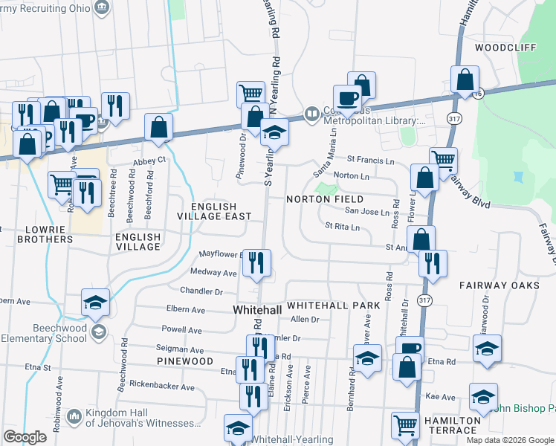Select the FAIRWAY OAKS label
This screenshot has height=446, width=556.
[499, 285]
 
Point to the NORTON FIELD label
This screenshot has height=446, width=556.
[326, 199]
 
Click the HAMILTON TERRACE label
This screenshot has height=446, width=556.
[452, 425]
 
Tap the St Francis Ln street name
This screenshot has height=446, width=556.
[370, 161]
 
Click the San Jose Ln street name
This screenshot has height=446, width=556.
[366, 212]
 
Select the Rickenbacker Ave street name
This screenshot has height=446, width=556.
[161, 387]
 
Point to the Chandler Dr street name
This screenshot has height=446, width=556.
[201, 291]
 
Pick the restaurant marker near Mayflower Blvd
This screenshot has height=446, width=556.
[257, 262]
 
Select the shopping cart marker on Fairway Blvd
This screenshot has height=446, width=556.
[444, 159]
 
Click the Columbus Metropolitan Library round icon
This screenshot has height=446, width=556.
[311, 114]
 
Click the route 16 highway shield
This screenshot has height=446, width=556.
[476, 93]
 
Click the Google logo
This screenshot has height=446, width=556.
[25, 437]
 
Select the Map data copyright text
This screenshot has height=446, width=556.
[510, 440]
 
